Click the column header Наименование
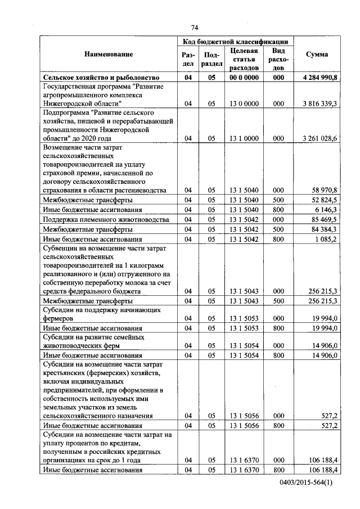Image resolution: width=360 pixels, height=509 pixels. [x=109, y=55]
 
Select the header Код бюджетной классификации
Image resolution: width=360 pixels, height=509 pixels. [x=236, y=42]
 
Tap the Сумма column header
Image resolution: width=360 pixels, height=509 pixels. [x=317, y=55]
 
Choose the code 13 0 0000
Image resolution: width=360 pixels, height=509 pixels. [x=244, y=104]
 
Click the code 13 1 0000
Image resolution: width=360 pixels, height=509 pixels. [x=244, y=138]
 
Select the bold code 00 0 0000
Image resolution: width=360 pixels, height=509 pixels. [x=244, y=78]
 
